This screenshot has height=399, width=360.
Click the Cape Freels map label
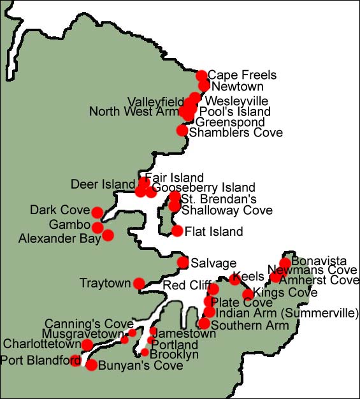coord(236,75)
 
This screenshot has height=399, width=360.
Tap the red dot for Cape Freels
coord(202,76)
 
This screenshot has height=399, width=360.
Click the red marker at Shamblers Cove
coord(182,131)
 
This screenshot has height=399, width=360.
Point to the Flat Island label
coord(213,232)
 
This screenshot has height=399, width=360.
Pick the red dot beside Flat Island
coord(177,231)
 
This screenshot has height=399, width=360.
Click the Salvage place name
coord(213,263)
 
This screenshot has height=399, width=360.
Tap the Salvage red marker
coord(183,262)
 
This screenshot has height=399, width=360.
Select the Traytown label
coord(104,282)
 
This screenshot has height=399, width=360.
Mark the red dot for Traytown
coord(139,283)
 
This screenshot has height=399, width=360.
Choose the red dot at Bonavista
coord(285,263)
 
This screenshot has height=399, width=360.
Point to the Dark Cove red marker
coord(97,212)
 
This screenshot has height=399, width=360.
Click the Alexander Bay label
coord(59,239)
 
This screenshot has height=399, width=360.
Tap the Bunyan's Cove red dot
coord(91,365)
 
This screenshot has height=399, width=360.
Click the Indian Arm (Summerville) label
coord(288,313)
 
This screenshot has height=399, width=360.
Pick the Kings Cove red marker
coord(248,294)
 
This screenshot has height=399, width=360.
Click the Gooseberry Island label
coord(204,188)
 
